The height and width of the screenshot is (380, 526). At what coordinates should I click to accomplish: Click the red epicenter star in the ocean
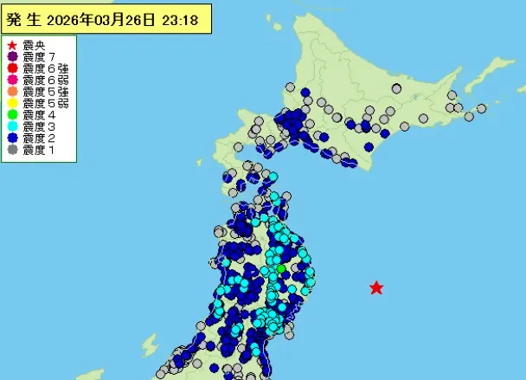[376, 287]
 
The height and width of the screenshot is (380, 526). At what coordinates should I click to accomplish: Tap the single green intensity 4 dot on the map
[279, 269]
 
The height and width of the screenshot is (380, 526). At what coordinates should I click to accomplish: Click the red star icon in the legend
[11, 45]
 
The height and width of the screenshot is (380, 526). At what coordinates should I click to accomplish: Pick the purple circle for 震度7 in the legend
[11, 56]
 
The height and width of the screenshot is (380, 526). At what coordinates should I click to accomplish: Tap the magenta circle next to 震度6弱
[11, 80]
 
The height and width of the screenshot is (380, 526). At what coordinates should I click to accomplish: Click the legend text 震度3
[39, 126]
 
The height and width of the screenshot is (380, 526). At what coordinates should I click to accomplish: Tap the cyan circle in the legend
[11, 126]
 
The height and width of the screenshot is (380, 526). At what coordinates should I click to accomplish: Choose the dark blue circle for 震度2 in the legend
[11, 138]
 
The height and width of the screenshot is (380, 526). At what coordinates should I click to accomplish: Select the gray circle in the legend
[11, 150]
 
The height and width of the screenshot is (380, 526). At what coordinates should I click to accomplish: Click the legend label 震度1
[39, 150]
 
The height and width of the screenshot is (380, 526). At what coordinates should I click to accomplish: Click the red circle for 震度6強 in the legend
[11, 68]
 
